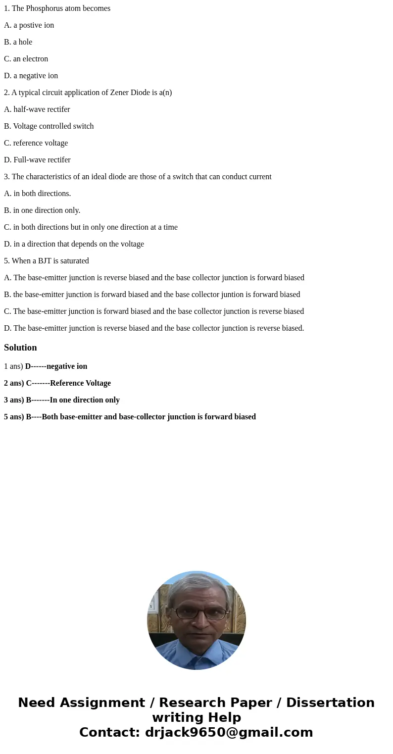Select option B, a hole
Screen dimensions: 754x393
[18, 42]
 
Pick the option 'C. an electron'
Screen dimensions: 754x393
[26, 59]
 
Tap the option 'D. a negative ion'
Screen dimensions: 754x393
[31, 76]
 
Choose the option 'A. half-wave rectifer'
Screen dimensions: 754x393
[37, 109]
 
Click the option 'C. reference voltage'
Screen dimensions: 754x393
[36, 143]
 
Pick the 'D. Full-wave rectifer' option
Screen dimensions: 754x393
[37, 160]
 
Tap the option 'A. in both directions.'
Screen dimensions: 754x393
[38, 194]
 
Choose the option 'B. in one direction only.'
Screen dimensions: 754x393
[42, 210]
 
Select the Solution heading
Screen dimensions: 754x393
[20, 348]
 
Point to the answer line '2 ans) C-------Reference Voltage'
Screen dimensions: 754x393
[57, 383]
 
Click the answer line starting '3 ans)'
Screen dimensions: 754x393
[62, 400]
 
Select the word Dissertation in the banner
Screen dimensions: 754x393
[330, 703]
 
